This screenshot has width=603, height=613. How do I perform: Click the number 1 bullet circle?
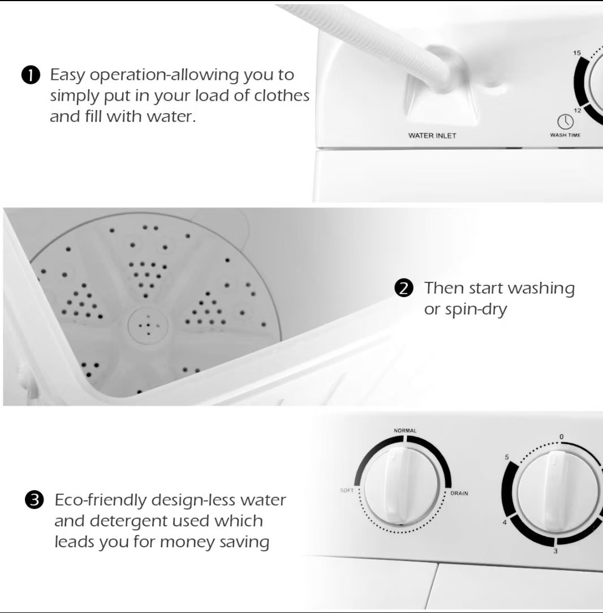click(31, 75)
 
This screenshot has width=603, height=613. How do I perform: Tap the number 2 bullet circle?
click(404, 288)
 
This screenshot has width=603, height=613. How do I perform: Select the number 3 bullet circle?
click(34, 500)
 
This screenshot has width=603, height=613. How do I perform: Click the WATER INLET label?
click(432, 136)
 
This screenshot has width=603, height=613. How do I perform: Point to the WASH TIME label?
click(565, 135)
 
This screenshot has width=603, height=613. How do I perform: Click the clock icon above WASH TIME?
click(565, 122)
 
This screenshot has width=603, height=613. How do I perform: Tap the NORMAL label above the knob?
click(405, 430)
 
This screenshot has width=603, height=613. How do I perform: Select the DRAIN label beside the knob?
click(459, 494)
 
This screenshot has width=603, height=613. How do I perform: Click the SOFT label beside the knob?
click(347, 490)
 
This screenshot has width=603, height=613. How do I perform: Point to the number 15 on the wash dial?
click(577, 53)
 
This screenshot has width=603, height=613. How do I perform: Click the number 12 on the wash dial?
click(577, 110)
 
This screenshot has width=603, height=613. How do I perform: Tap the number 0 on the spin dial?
click(562, 436)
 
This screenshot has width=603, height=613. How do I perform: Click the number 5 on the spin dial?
click(507, 457)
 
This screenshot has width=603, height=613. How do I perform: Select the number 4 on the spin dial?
click(505, 522)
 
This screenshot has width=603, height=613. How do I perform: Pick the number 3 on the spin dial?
click(555, 551)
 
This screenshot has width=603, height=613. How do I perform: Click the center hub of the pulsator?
click(148, 325)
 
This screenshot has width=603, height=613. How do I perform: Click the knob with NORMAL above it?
click(403, 487)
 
